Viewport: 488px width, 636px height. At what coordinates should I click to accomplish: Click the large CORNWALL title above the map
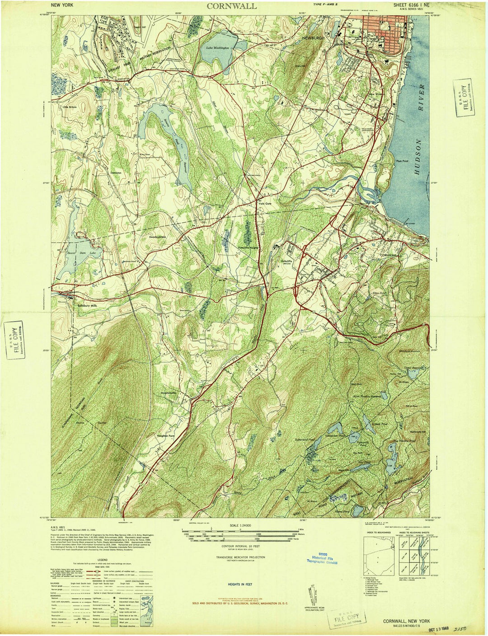click(232, 6)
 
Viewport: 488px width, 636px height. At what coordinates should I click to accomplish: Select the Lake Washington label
click(218, 47)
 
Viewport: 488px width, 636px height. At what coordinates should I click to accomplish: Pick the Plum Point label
click(402, 160)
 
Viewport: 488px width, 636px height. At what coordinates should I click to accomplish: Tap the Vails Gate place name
click(264, 203)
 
